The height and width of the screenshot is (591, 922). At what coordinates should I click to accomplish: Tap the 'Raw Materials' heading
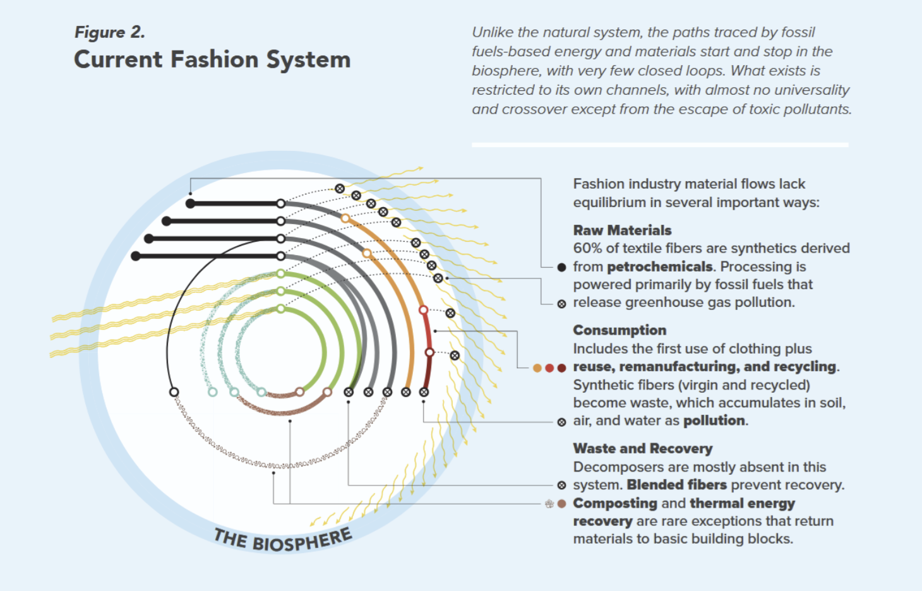(x=622, y=230)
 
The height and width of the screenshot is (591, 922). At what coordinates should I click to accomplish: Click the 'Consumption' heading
(x=620, y=330)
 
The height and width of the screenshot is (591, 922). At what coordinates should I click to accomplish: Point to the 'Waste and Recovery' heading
(x=642, y=449)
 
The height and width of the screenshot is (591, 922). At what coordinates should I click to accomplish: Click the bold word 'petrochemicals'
(x=659, y=266)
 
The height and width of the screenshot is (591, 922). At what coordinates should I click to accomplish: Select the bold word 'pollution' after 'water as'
(x=714, y=421)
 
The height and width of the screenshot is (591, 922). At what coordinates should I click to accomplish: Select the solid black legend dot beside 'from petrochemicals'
(x=561, y=267)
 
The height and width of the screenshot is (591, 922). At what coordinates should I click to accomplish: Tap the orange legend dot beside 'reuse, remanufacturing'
(x=537, y=368)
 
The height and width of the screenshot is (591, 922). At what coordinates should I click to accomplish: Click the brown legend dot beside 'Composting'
(x=561, y=504)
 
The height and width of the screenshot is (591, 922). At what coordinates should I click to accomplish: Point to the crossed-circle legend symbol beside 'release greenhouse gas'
(x=561, y=304)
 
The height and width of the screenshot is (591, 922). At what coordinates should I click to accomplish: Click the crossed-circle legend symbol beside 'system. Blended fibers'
(x=561, y=486)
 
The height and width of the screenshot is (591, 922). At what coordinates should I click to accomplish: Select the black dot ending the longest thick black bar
(x=136, y=256)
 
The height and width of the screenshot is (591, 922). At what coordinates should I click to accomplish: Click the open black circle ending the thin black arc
(x=174, y=392)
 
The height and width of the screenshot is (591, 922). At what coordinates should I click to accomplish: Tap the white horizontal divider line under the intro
(x=660, y=145)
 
